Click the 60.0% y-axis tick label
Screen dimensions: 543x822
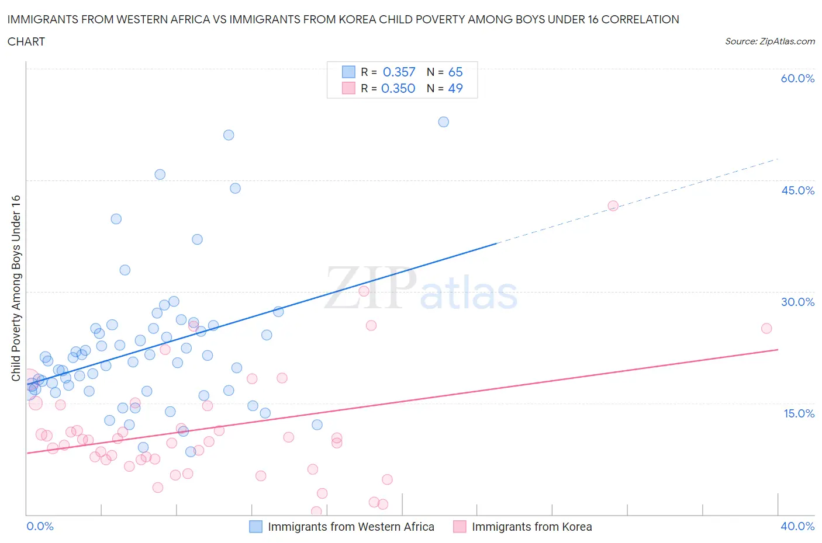tap(797, 78)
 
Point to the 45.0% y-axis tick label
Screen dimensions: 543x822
tap(797, 190)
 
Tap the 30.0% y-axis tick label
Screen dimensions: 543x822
tap(797, 302)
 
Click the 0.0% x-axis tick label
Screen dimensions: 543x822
tap(40, 526)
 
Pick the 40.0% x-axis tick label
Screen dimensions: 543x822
tap(797, 526)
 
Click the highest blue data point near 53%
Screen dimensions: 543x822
tap(444, 122)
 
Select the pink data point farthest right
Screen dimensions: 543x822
tap(766, 328)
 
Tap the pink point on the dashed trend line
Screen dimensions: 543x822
tap(613, 206)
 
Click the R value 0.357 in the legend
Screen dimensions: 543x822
tap(399, 72)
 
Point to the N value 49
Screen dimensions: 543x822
tap(455, 88)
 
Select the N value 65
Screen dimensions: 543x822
tap(455, 72)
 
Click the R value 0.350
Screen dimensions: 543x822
tap(398, 88)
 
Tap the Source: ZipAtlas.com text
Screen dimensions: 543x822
tap(769, 41)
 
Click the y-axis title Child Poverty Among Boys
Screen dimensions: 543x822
tap(16, 288)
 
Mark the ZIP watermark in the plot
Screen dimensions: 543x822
tap(370, 288)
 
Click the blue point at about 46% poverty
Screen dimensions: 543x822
tap(160, 175)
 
